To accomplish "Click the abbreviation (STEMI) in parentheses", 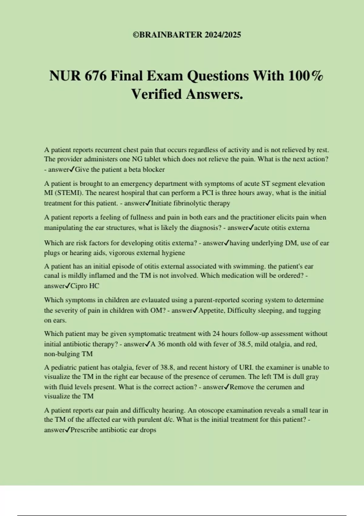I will (57, 193).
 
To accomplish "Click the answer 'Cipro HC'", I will (85, 286).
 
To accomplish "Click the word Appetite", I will (211, 310).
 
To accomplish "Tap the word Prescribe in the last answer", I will (84, 430).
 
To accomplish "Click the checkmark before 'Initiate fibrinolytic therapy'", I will (148, 203).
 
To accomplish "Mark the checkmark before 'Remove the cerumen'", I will (227, 387).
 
